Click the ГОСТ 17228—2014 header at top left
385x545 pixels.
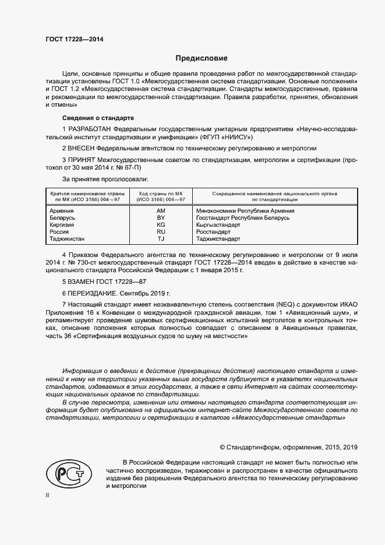click(x=70, y=40)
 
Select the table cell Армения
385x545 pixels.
click(x=62, y=210)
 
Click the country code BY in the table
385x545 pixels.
click(x=161, y=217)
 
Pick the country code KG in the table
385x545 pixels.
click(x=161, y=224)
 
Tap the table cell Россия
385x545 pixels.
click(x=60, y=231)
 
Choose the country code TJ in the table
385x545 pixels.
click(x=161, y=238)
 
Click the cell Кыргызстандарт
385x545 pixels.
click(x=218, y=224)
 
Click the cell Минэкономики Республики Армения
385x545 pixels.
click(x=245, y=210)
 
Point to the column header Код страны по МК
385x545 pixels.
click(x=161, y=193)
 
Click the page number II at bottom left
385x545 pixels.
click(x=48, y=495)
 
